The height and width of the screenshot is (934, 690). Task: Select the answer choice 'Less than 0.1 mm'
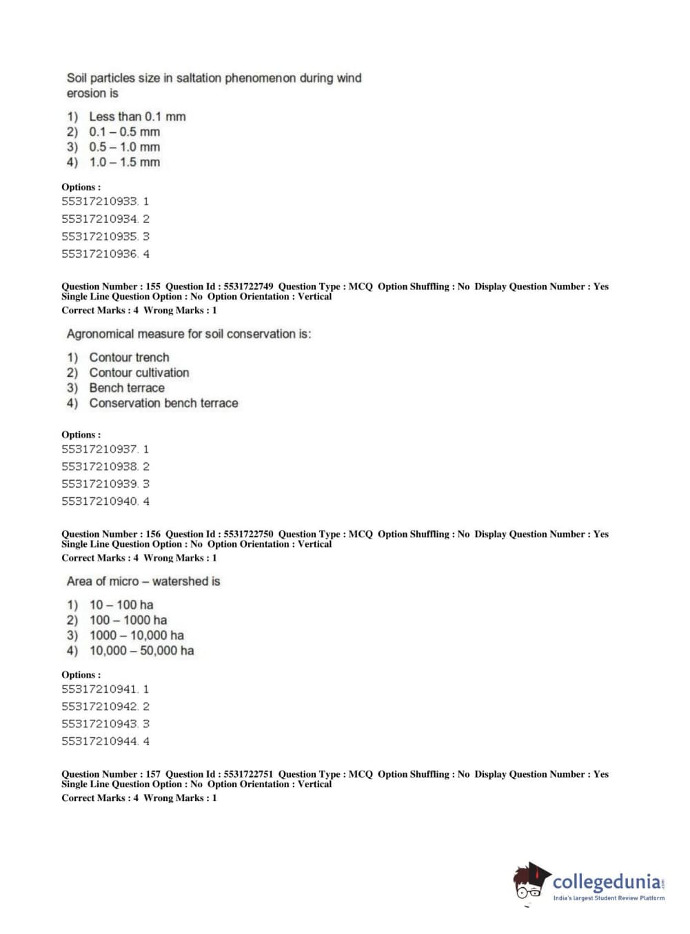click(x=137, y=117)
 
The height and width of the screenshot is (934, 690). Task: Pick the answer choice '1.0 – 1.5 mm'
click(x=124, y=163)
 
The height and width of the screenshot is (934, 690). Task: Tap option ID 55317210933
click(x=100, y=202)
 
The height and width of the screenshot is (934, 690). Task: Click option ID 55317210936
click(x=100, y=254)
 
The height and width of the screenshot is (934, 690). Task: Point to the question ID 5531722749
click(x=248, y=287)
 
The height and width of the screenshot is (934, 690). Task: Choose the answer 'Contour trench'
click(x=129, y=357)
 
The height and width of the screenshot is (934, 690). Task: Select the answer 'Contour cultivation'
click(x=139, y=373)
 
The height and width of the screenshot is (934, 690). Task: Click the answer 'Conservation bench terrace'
click(x=163, y=403)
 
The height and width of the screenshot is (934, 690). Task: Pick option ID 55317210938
click(x=100, y=467)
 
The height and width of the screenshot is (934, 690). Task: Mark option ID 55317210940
click(x=100, y=501)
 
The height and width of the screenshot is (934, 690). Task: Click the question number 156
click(x=153, y=535)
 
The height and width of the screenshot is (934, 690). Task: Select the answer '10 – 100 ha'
click(x=121, y=605)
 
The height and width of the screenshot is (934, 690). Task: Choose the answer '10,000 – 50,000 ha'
click(x=141, y=651)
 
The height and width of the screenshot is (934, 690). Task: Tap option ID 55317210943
click(x=100, y=724)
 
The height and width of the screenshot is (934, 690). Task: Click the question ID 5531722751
click(x=248, y=774)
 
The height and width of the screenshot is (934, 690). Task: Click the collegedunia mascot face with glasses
click(x=529, y=883)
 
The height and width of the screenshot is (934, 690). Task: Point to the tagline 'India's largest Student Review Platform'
click(x=609, y=898)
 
